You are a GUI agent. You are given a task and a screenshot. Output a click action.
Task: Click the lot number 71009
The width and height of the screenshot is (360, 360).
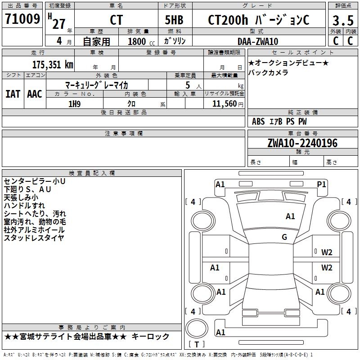click(x=22, y=19)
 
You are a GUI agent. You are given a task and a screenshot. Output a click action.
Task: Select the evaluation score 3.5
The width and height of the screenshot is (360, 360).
click(x=342, y=20)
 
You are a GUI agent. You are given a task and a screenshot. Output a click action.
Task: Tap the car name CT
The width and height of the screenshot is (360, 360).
click(x=116, y=20)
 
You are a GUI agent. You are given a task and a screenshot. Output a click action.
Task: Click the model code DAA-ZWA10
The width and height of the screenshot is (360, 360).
click(x=258, y=41)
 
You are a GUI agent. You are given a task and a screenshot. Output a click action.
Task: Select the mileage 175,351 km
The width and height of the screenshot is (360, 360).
click(x=53, y=64)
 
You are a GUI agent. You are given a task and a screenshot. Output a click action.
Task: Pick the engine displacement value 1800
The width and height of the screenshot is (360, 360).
click(x=137, y=41)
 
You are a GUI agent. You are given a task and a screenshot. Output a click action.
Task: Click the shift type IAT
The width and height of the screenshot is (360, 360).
click(x=13, y=94)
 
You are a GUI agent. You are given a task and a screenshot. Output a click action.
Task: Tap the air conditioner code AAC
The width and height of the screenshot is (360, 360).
click(x=35, y=94)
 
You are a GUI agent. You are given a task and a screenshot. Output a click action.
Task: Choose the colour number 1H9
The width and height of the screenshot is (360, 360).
click(x=74, y=104)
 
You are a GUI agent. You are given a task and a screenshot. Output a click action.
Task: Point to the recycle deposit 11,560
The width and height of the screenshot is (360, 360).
click(x=222, y=104)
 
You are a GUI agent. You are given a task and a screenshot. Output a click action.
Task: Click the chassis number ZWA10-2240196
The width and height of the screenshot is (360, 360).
click(x=302, y=143)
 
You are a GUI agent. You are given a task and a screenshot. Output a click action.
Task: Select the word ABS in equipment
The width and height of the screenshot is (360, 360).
click(x=258, y=121)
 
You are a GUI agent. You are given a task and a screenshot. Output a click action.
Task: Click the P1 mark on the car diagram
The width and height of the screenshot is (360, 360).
click(x=321, y=184)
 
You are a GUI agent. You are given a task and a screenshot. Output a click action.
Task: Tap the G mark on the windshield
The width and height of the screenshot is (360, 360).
click(x=284, y=237)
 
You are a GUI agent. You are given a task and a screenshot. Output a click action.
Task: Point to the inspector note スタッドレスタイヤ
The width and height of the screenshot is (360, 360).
click(x=34, y=238)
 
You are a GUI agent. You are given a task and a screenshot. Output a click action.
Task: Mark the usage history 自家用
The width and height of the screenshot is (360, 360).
click(x=97, y=41)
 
